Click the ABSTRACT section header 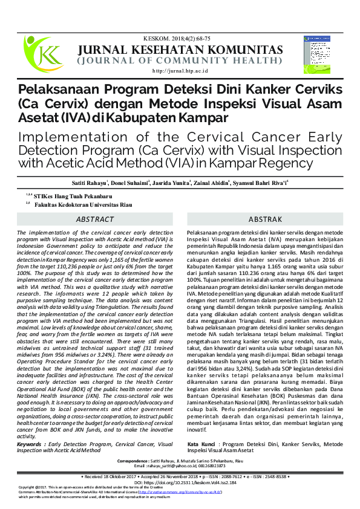point(95,219)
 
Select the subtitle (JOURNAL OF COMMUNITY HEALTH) point(180,60)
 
